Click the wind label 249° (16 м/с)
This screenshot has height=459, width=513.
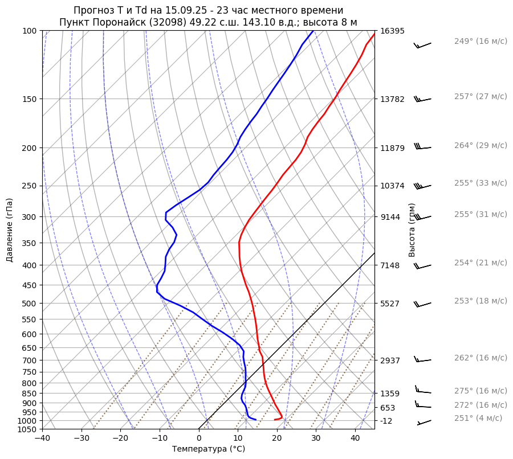(x=481, y=42)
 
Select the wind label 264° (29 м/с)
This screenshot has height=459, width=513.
(x=481, y=145)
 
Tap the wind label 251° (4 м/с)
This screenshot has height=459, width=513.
(x=478, y=418)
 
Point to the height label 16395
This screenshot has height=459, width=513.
(x=392, y=31)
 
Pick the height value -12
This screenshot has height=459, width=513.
(x=386, y=421)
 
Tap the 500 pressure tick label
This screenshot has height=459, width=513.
(x=30, y=304)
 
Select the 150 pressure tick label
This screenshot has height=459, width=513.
(x=30, y=99)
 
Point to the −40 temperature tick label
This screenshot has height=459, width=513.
(x=42, y=438)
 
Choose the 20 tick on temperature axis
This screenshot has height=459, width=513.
(x=277, y=438)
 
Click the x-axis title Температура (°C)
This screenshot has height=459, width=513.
(x=209, y=449)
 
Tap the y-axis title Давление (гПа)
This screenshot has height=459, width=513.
(x=10, y=230)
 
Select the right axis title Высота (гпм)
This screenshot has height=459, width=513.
(x=412, y=230)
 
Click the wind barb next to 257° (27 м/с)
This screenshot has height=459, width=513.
(x=422, y=99)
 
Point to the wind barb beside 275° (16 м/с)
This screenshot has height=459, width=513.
(x=422, y=391)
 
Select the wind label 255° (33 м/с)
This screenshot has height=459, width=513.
(x=481, y=183)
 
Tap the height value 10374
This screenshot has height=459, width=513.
(x=392, y=186)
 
